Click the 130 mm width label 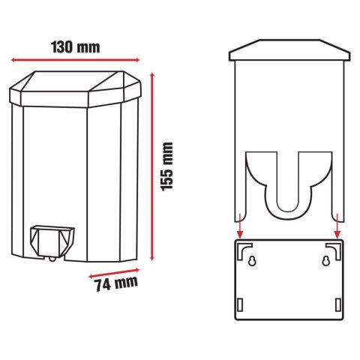[x=76, y=46]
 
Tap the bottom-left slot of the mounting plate [x=239, y=304]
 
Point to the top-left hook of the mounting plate [x=241, y=247]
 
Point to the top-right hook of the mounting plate [x=335, y=247]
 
